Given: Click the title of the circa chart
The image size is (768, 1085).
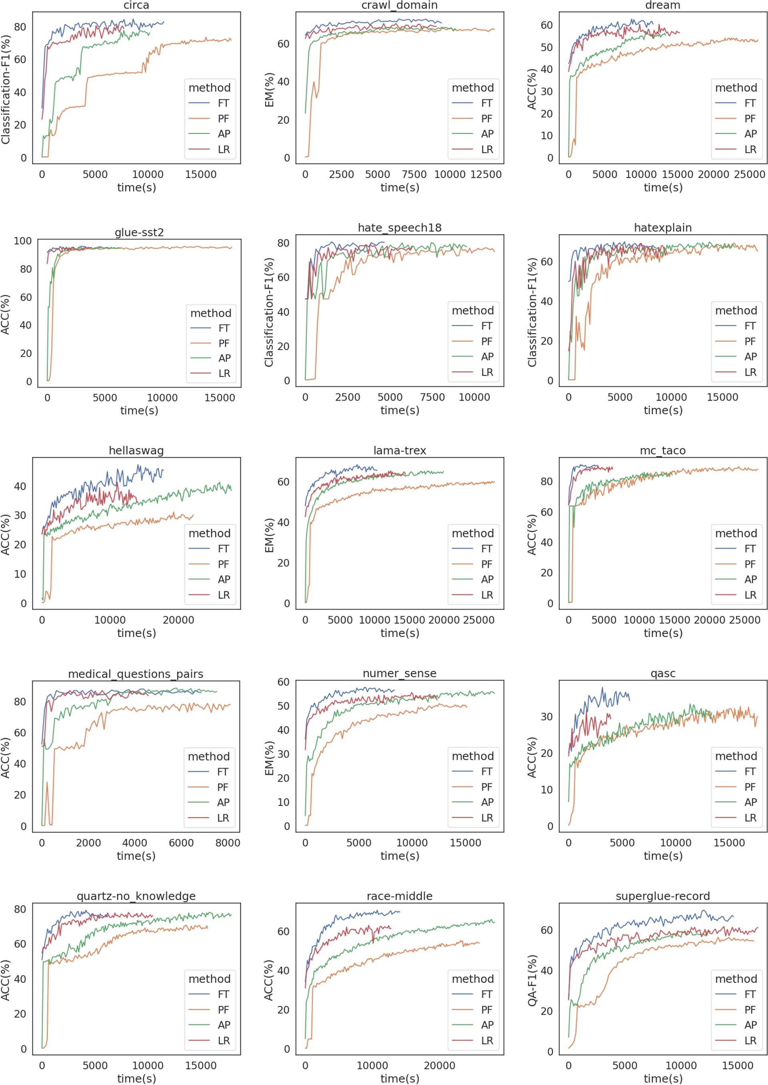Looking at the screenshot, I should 136,5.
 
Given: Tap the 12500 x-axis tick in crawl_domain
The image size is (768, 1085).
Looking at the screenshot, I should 486,174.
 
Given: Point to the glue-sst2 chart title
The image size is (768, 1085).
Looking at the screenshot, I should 139,232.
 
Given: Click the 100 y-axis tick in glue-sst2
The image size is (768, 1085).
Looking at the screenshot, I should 23,241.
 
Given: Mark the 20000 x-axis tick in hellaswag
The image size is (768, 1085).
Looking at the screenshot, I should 178,620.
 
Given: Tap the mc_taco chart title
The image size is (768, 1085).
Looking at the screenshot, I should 662,451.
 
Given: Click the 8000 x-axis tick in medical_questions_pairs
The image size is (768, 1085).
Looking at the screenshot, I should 227,843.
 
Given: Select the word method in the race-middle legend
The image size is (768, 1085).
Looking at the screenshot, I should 472,979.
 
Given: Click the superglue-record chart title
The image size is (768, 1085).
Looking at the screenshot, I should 662,896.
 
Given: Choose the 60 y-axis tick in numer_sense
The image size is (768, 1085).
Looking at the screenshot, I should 283,682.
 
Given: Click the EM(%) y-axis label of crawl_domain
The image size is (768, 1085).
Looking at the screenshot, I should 269,90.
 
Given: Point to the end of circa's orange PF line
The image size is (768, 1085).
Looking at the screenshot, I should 231,40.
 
